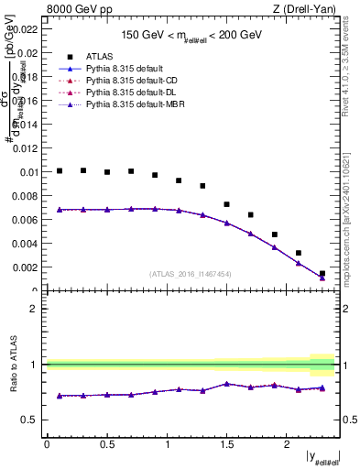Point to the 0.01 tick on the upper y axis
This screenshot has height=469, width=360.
coord(29,172)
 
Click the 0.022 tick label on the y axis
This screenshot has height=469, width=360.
coord(27,29)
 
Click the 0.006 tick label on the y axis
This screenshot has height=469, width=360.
coord(27,220)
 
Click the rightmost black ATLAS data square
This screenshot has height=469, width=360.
coord(322,273)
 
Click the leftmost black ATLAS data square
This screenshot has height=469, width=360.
coord(60,170)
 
